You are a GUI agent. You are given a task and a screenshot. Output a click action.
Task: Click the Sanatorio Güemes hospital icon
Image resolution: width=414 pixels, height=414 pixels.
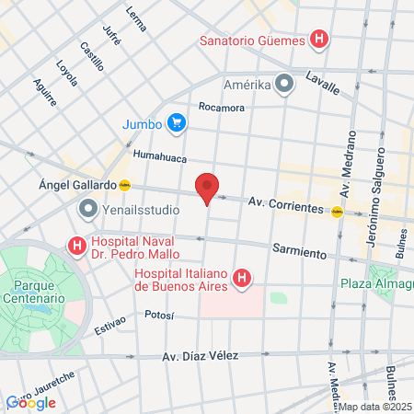319,40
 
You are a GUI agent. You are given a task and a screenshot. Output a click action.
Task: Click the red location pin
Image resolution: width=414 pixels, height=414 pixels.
208,188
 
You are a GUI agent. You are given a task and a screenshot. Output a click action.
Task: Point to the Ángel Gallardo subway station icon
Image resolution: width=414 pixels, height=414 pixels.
125,184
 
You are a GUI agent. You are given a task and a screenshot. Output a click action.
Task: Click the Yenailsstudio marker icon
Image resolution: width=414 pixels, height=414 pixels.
88,208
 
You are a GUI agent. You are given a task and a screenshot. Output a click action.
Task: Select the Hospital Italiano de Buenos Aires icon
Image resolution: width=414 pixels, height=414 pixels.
242,277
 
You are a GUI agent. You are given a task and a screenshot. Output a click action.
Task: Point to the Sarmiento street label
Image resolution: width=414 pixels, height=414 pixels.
300,251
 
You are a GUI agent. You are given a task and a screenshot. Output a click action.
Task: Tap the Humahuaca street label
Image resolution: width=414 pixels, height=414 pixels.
160,155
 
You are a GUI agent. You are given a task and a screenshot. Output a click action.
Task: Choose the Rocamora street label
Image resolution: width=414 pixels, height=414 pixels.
221,108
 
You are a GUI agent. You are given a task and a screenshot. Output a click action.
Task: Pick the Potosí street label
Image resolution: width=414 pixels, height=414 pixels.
160,315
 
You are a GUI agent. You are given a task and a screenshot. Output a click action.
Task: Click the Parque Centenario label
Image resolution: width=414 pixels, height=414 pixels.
32,292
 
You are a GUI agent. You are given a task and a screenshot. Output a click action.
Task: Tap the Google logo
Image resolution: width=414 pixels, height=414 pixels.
31,402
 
